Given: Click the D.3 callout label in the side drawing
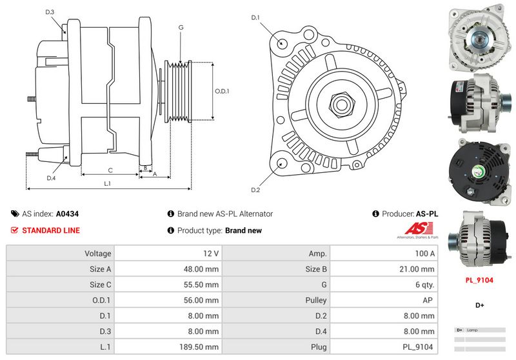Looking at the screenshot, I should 50,12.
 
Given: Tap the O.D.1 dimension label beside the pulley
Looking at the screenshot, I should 223,91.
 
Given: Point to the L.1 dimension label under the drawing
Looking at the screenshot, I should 107,184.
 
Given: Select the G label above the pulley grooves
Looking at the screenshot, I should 181,27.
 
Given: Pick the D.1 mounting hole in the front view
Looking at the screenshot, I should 282,43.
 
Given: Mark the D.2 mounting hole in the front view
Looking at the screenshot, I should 282,163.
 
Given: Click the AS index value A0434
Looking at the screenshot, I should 67,214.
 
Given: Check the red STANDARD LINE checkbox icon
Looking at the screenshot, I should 14,230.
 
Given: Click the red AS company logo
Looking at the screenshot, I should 416,229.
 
